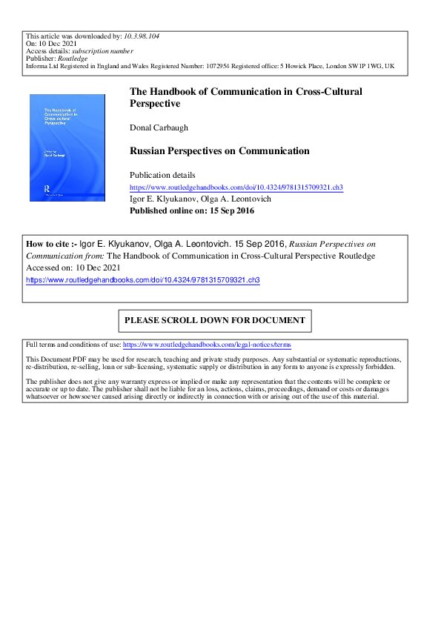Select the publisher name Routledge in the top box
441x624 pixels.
pyautogui.click(x=73, y=59)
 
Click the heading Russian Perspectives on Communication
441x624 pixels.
pyautogui.click(x=219, y=151)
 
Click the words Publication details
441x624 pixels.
pyautogui.click(x=162, y=175)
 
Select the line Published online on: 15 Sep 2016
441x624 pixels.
pyautogui.click(x=191, y=210)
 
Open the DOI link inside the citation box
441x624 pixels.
pyautogui.click(x=143, y=280)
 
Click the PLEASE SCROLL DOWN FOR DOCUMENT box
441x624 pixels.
pyautogui.click(x=215, y=321)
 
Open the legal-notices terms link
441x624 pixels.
pyautogui.click(x=207, y=345)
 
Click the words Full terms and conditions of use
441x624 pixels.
pyautogui.click(x=73, y=345)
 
